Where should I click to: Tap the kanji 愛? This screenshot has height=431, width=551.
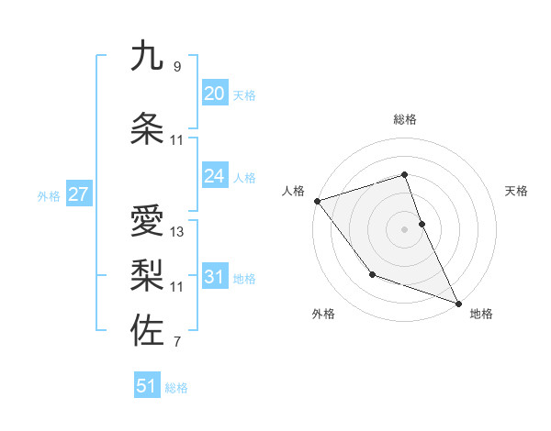147,222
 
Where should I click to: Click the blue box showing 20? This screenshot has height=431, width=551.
214,94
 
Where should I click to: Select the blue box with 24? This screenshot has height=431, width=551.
214,176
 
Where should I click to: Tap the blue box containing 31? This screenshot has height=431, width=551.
214,277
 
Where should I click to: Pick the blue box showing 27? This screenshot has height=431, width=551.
78,194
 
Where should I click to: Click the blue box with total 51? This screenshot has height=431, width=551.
147,386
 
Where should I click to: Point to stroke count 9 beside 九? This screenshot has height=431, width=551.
176,66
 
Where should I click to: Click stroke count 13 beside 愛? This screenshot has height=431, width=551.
176,232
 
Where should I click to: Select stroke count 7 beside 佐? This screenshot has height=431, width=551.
176,343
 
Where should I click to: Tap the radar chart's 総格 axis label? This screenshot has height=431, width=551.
405,119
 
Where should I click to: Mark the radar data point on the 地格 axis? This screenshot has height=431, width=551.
458,303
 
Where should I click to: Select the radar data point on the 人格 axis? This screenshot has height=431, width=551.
317,201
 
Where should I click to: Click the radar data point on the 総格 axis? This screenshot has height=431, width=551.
405,175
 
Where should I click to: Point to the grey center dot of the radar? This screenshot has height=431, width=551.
405,229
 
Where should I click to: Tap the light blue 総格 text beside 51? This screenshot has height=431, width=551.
176,388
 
